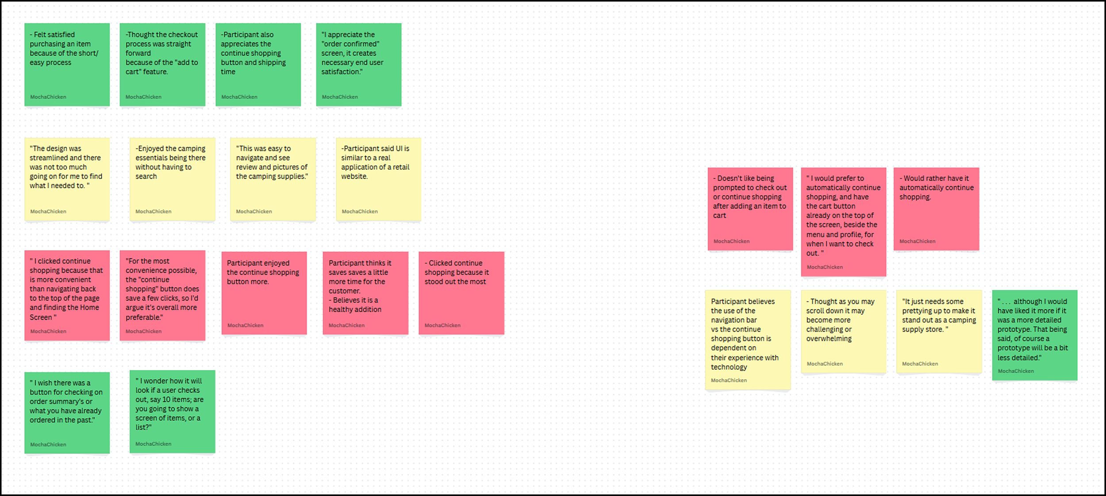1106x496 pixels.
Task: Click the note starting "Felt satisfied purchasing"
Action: tap(67, 65)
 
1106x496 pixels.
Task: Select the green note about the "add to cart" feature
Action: tap(162, 65)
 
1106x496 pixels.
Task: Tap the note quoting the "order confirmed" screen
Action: tap(358, 65)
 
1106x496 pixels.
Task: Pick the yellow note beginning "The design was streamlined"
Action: tap(67, 179)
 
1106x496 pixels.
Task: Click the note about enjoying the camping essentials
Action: tap(172, 179)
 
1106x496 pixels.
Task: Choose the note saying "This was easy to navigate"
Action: tap(273, 179)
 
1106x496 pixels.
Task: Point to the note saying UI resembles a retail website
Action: tap(378, 179)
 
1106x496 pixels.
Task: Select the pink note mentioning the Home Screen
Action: tap(67, 295)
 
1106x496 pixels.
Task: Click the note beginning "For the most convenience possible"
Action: tap(162, 295)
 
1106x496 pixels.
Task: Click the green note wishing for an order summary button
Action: tap(67, 412)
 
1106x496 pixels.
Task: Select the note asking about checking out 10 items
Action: tap(172, 411)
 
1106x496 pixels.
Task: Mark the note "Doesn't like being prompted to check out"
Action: tap(750, 209)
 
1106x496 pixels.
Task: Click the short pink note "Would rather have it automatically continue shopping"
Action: tap(936, 209)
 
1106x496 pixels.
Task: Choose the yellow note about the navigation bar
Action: tap(747, 340)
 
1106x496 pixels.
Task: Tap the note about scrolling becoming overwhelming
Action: tap(843, 331)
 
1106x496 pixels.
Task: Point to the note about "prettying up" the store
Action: tap(939, 331)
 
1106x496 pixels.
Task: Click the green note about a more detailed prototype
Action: tap(1034, 335)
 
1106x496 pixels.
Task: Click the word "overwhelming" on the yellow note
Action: tap(829, 339)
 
